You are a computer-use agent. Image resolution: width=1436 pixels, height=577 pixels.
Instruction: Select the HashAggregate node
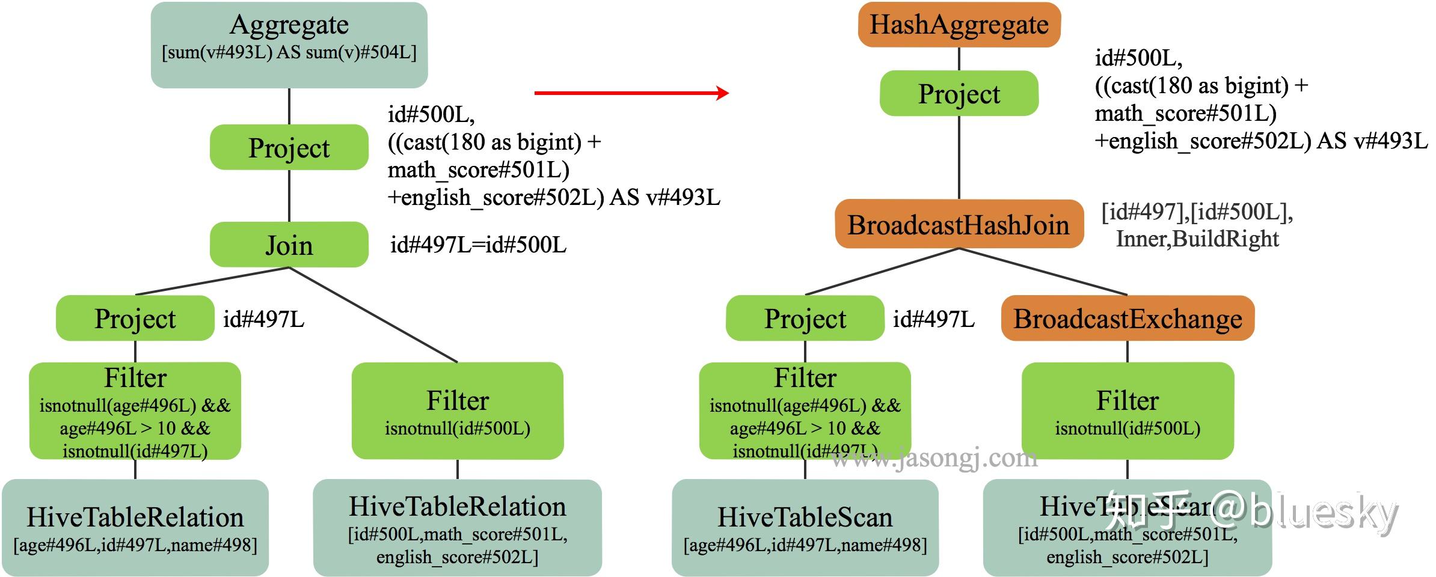tap(959, 25)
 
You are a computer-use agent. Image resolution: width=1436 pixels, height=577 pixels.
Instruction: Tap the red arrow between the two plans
tap(631, 93)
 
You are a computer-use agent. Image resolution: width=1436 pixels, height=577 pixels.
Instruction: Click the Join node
tap(289, 245)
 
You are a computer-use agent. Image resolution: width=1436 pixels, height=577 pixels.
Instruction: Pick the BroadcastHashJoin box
tap(959, 225)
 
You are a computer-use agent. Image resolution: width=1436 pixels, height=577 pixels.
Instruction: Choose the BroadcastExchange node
tap(1128, 319)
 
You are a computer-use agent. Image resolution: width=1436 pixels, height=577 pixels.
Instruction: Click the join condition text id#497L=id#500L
tap(478, 245)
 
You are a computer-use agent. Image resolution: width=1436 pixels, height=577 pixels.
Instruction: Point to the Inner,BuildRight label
tap(1197, 239)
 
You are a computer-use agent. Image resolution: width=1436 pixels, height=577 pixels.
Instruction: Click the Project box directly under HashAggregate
tap(959, 94)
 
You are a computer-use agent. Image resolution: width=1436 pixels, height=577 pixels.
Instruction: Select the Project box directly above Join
tap(289, 148)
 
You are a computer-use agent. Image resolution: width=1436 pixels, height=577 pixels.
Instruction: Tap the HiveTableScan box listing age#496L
tap(805, 528)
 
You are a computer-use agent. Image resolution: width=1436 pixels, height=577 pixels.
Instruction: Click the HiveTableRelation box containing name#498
tap(135, 528)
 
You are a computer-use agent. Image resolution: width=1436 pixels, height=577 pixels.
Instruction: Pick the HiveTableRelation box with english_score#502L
tap(457, 528)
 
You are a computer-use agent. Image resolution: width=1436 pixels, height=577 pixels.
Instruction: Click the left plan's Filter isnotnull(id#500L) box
tap(457, 411)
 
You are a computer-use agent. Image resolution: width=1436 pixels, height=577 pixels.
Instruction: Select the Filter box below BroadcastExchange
tap(1128, 411)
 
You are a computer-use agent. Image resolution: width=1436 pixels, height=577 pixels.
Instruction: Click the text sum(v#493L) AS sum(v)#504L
tap(289, 52)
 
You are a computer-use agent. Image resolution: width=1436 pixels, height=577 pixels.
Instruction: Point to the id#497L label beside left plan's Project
tap(263, 319)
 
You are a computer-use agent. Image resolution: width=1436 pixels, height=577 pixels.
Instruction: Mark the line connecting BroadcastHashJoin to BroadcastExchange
tap(1043, 272)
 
